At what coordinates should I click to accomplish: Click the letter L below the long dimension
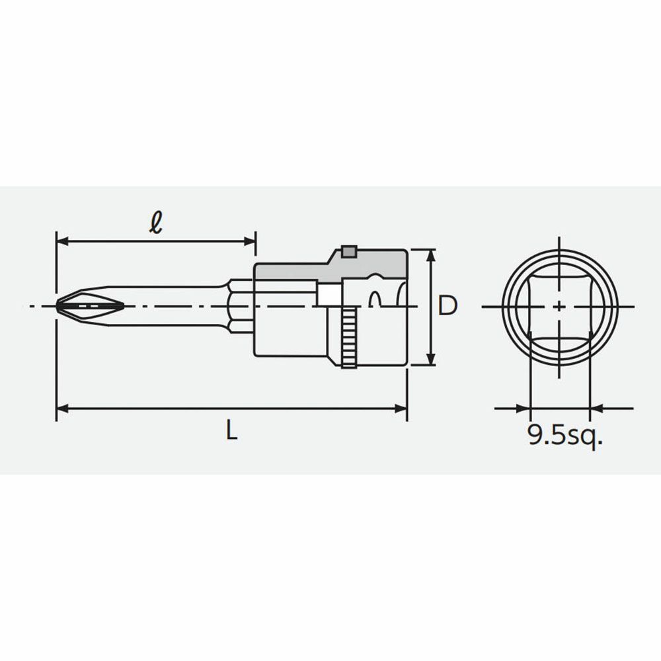pos(231,430)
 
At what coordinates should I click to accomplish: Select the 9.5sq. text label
pos(565,436)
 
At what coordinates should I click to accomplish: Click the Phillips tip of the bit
pos(90,305)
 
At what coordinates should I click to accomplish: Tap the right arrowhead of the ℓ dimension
pos(250,241)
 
